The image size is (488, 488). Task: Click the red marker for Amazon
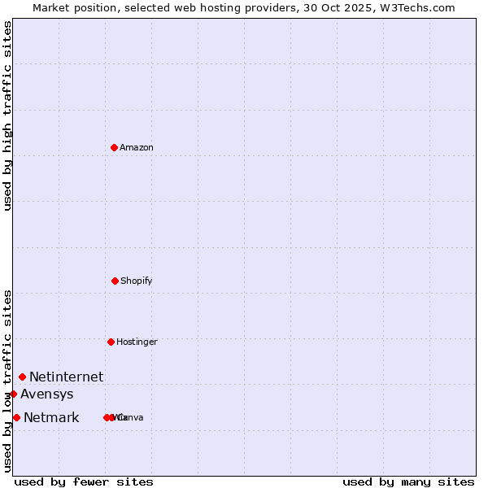pyautogui.click(x=115, y=147)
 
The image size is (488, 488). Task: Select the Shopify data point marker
pyautogui.click(x=115, y=281)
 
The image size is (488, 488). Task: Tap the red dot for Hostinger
pyautogui.click(x=111, y=342)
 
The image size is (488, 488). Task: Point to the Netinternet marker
pyautogui.click(x=22, y=377)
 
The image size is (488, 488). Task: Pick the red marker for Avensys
pyautogui.click(x=13, y=394)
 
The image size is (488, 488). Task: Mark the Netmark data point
pyautogui.click(x=16, y=417)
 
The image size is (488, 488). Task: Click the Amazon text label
pyautogui.click(x=137, y=147)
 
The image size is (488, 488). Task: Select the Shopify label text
pyautogui.click(x=137, y=281)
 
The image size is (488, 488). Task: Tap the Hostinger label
pyautogui.click(x=137, y=342)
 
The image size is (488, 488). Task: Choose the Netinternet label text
pyautogui.click(x=67, y=377)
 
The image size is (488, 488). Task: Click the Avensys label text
pyautogui.click(x=47, y=394)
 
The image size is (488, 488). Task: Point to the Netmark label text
pyautogui.click(x=51, y=418)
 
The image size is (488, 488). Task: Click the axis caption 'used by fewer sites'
pyautogui.click(x=84, y=481)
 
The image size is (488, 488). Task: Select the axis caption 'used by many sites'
pyautogui.click(x=408, y=481)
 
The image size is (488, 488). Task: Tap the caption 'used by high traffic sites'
pyautogui.click(x=7, y=115)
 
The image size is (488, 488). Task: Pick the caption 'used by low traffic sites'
pyautogui.click(x=7, y=381)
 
